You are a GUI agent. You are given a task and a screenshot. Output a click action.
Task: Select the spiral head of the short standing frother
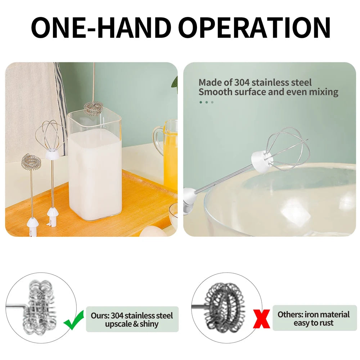coord(31,162)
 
